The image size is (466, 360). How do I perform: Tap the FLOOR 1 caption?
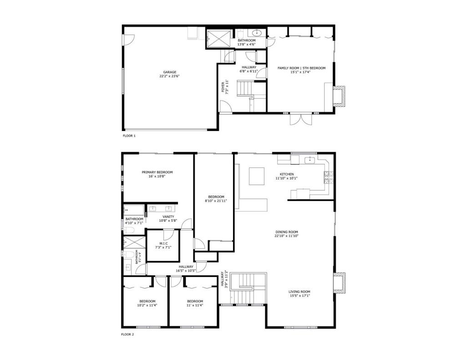point(129,136)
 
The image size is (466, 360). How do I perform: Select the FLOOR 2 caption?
point(127,335)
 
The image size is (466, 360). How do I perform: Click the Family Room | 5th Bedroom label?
point(301,68)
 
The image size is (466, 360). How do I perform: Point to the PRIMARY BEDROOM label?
point(157,172)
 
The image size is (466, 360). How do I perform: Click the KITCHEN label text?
point(287,174)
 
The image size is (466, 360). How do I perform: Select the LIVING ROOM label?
point(299,292)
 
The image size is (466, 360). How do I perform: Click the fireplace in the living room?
point(339,282)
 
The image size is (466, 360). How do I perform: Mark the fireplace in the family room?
point(339,96)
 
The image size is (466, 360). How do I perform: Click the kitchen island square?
point(257,176)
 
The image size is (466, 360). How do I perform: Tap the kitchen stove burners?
point(329,178)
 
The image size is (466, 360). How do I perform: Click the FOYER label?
point(223,86)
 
